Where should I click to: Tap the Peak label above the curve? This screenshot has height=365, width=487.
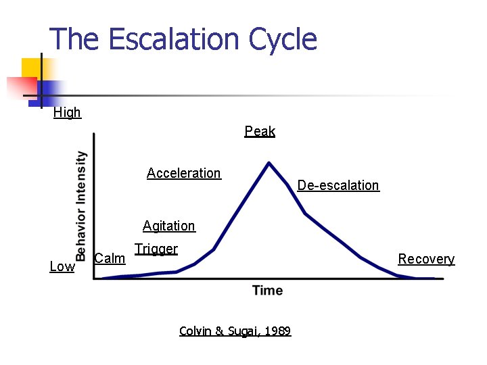point(260,131)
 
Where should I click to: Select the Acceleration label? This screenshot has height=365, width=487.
point(183,173)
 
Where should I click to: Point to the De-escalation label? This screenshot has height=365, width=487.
point(338,185)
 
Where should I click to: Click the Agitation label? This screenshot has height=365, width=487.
point(168,226)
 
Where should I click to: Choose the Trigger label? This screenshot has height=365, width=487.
point(156,249)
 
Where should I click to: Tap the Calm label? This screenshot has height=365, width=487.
point(110,258)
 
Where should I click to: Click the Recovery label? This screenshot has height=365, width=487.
point(426,259)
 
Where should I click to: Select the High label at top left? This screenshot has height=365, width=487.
point(67,113)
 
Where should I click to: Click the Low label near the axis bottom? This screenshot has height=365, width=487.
point(62,267)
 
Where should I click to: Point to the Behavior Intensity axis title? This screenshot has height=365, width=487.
point(81,205)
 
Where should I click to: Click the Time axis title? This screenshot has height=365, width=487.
point(267,291)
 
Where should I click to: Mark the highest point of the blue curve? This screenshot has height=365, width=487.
point(269,163)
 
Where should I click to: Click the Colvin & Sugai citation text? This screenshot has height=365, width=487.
point(235,331)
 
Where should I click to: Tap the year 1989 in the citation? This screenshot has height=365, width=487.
point(278,331)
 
